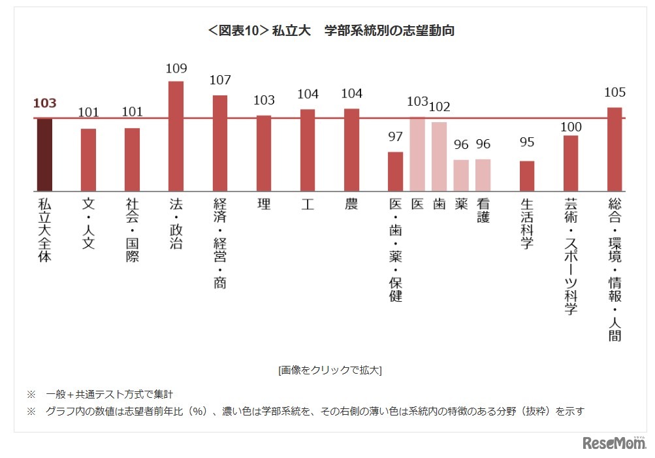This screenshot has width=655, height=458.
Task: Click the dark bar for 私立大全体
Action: point(44,154)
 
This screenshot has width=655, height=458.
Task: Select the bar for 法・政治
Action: point(176,135)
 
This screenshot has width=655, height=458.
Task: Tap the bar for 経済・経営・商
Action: point(220,142)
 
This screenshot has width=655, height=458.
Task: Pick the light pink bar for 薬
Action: point(461,174)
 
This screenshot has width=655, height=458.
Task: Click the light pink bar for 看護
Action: point(483,174)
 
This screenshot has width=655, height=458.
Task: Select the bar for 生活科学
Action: point(527,175)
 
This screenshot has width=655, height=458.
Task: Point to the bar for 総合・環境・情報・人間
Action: point(615,148)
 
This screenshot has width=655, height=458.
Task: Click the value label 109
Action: point(176,69)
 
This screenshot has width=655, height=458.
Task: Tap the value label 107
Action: point(220,81)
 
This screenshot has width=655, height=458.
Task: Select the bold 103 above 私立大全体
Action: point(44,103)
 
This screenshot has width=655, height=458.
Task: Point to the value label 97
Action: point(395,137)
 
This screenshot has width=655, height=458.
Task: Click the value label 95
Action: point(527,142)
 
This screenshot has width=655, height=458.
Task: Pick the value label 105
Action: point(615,92)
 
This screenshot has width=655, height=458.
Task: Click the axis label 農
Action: point(351,204)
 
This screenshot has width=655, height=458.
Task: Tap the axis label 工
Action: point(308,204)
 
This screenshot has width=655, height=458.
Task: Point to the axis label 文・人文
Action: point(88,223)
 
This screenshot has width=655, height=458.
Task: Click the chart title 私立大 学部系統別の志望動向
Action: point(330,30)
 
